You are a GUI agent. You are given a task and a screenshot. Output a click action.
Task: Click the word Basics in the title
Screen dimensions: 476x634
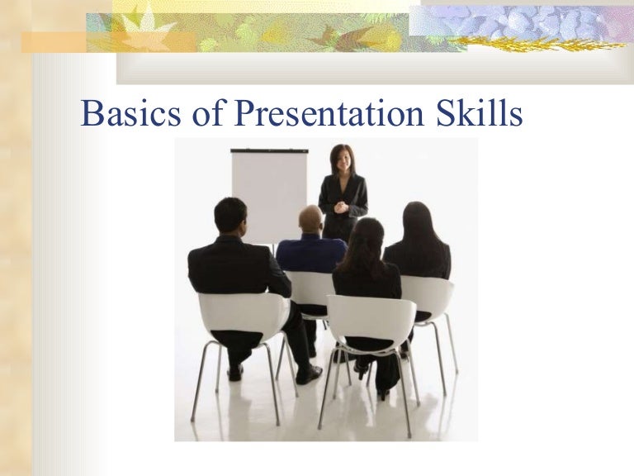click(125, 114)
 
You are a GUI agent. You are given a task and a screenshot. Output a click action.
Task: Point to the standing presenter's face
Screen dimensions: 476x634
click(340, 158)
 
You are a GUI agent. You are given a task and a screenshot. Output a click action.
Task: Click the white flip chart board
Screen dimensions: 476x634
click(268, 194)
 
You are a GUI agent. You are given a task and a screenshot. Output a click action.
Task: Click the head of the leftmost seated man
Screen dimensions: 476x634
click(230, 215)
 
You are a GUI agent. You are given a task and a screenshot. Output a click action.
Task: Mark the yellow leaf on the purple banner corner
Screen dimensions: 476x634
click(494, 40)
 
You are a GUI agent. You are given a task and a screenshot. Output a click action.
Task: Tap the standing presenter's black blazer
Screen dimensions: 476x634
click(342, 198)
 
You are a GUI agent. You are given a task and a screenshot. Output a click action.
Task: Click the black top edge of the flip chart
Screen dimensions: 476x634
click(269, 150)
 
